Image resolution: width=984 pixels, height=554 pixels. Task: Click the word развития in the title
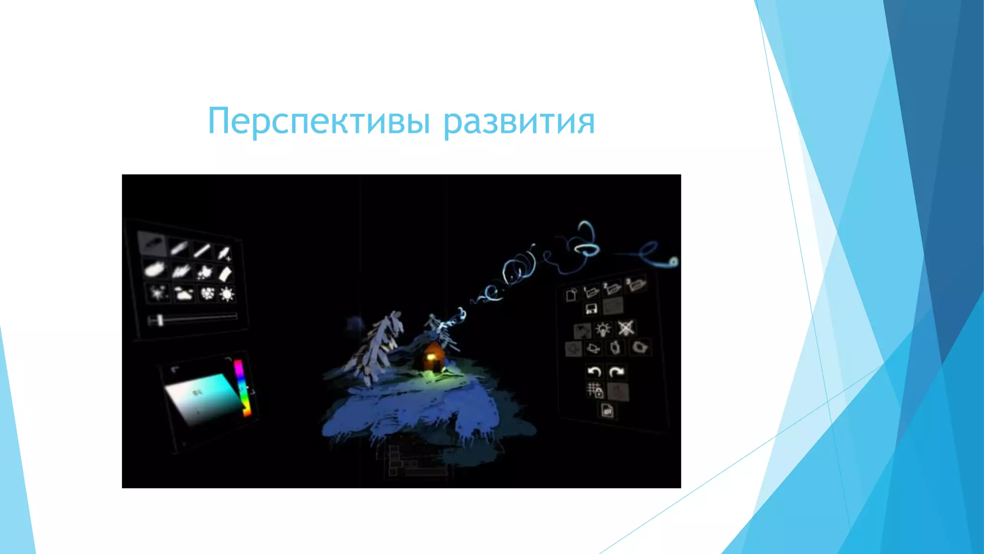(x=519, y=121)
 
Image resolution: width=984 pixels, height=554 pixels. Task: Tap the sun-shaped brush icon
(x=227, y=294)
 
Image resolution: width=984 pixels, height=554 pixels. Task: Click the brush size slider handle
(x=159, y=320)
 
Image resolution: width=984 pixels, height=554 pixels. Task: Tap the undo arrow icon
(x=594, y=372)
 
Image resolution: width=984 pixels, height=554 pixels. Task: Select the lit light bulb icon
(x=603, y=329)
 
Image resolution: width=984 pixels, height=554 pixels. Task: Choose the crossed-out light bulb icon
(x=626, y=328)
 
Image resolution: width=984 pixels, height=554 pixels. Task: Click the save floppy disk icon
(x=591, y=308)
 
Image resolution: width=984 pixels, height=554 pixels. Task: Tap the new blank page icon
(x=571, y=294)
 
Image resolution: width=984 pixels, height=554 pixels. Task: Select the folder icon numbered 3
(x=636, y=285)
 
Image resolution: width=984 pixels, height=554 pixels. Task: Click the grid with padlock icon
(x=595, y=390)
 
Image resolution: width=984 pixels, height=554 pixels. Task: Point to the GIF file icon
(x=607, y=411)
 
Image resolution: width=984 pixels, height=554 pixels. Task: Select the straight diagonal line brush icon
(x=202, y=250)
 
